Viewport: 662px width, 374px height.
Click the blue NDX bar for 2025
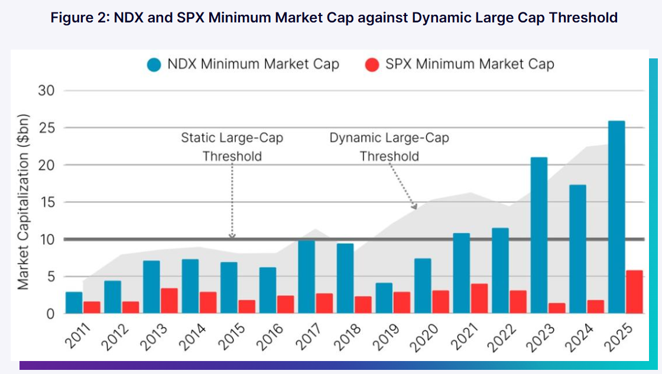point(616,217)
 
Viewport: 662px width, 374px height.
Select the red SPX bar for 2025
point(634,292)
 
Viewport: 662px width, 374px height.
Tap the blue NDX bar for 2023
point(539,235)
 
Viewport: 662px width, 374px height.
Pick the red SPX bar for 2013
point(169,301)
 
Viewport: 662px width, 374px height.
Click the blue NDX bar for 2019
point(384,298)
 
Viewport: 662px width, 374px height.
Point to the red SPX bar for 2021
point(479,298)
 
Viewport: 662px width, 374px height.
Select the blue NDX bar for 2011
point(74,303)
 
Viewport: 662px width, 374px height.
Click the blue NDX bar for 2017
point(307,277)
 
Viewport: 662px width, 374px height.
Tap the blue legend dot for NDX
point(154,65)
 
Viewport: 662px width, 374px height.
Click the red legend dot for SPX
point(372,65)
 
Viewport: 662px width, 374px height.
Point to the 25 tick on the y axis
point(47,127)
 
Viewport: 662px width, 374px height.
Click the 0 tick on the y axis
point(51,314)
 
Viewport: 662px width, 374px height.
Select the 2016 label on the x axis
point(270,337)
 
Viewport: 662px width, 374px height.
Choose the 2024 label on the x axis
point(579,337)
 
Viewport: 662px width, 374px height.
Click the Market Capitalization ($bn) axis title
point(23,202)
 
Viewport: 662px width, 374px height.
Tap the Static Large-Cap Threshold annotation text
point(232,147)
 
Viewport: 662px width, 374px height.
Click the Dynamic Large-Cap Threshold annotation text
point(390,147)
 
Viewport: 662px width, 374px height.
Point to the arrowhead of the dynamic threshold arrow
point(416,207)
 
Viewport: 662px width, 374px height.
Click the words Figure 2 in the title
point(79,18)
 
